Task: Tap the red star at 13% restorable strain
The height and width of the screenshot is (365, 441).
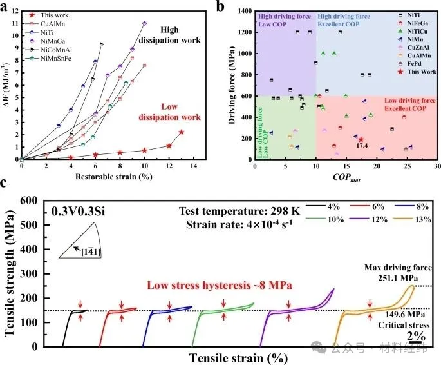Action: [x=181, y=132]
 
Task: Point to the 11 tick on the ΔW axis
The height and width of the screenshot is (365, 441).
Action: [x=14, y=23]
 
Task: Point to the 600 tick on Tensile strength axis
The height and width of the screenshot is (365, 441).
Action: [x=32, y=201]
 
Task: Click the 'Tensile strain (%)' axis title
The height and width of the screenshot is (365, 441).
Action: [x=229, y=356]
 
